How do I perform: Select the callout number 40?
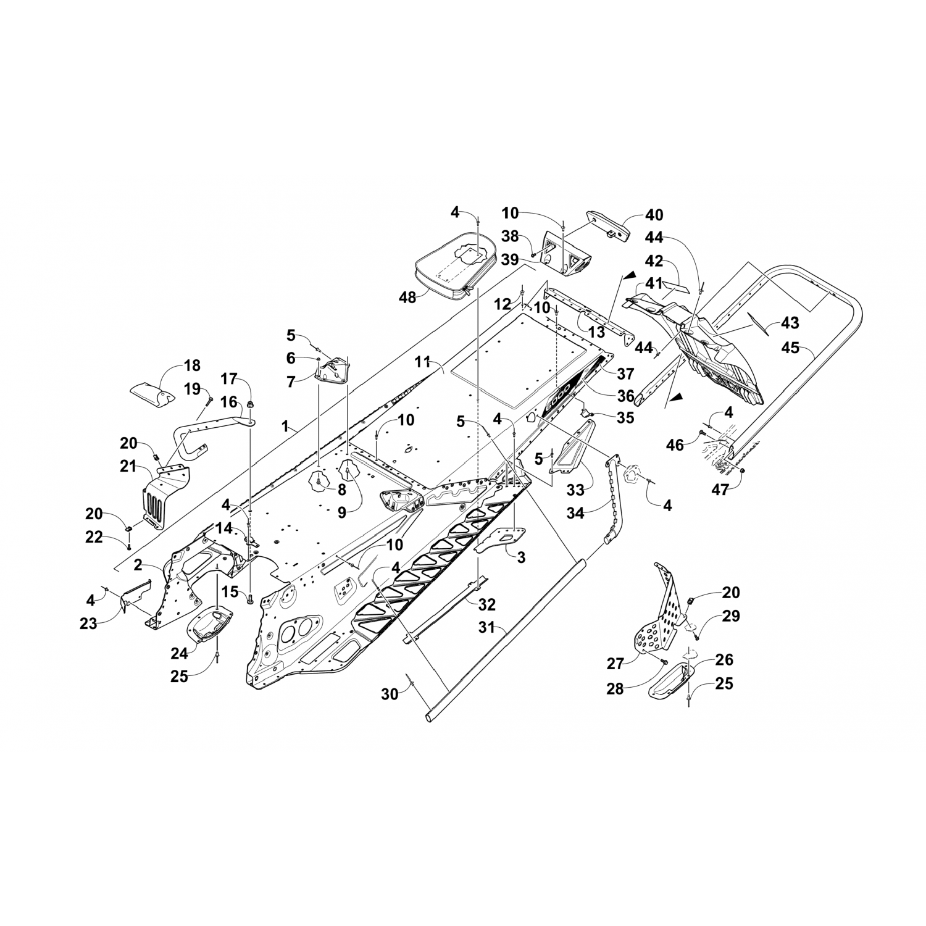pos(654,215)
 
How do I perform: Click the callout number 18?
pos(192,365)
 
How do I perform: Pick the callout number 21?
pos(128,467)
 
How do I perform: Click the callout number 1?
pos(285,426)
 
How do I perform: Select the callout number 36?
pos(625,396)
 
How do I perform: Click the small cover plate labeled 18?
pos(151,393)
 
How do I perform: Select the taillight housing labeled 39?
pos(565,253)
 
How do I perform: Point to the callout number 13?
pos(596,332)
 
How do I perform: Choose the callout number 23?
pos(88,624)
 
